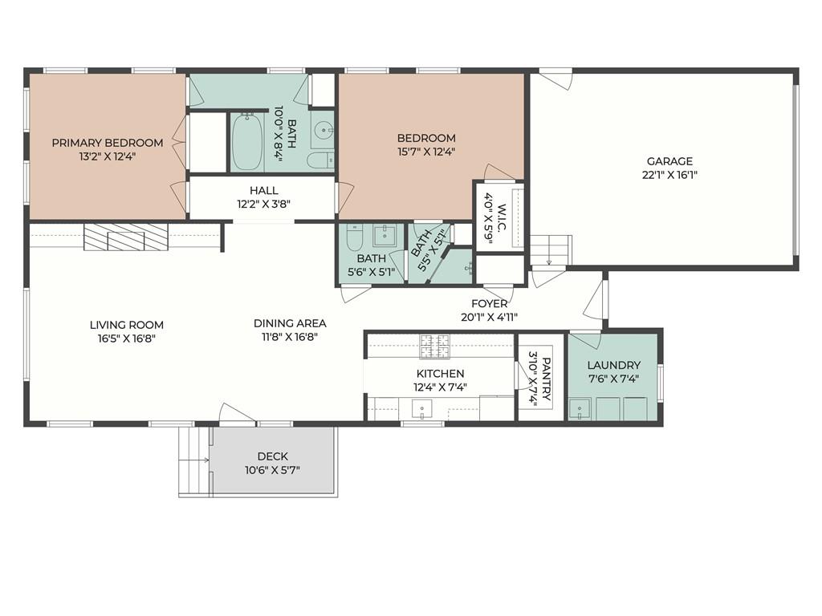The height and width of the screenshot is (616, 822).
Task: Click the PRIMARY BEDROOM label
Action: pyautogui.click(x=108, y=143)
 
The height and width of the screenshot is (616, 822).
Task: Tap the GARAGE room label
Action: pyautogui.click(x=669, y=161)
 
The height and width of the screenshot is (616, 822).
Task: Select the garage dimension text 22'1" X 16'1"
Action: pyautogui.click(x=669, y=175)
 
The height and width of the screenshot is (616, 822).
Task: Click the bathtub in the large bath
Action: pyautogui.click(x=247, y=142)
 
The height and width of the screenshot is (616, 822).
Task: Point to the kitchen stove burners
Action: pyautogui.click(x=434, y=346)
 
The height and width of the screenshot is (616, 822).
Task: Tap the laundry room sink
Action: pyautogui.click(x=580, y=409)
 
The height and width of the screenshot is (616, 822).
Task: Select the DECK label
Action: pyautogui.click(x=273, y=456)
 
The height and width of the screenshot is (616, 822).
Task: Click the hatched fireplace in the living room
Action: pyautogui.click(x=126, y=237)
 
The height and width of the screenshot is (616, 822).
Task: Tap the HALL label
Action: pyautogui.click(x=263, y=191)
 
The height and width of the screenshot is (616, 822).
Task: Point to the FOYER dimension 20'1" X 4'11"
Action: pyautogui.click(x=490, y=317)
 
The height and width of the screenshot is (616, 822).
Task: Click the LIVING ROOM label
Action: pyautogui.click(x=126, y=326)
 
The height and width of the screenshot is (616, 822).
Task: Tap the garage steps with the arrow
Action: pyautogui.click(x=549, y=250)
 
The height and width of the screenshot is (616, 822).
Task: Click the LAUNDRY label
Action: pyautogui.click(x=613, y=365)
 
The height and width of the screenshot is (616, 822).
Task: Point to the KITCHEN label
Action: pyautogui.click(x=441, y=374)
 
